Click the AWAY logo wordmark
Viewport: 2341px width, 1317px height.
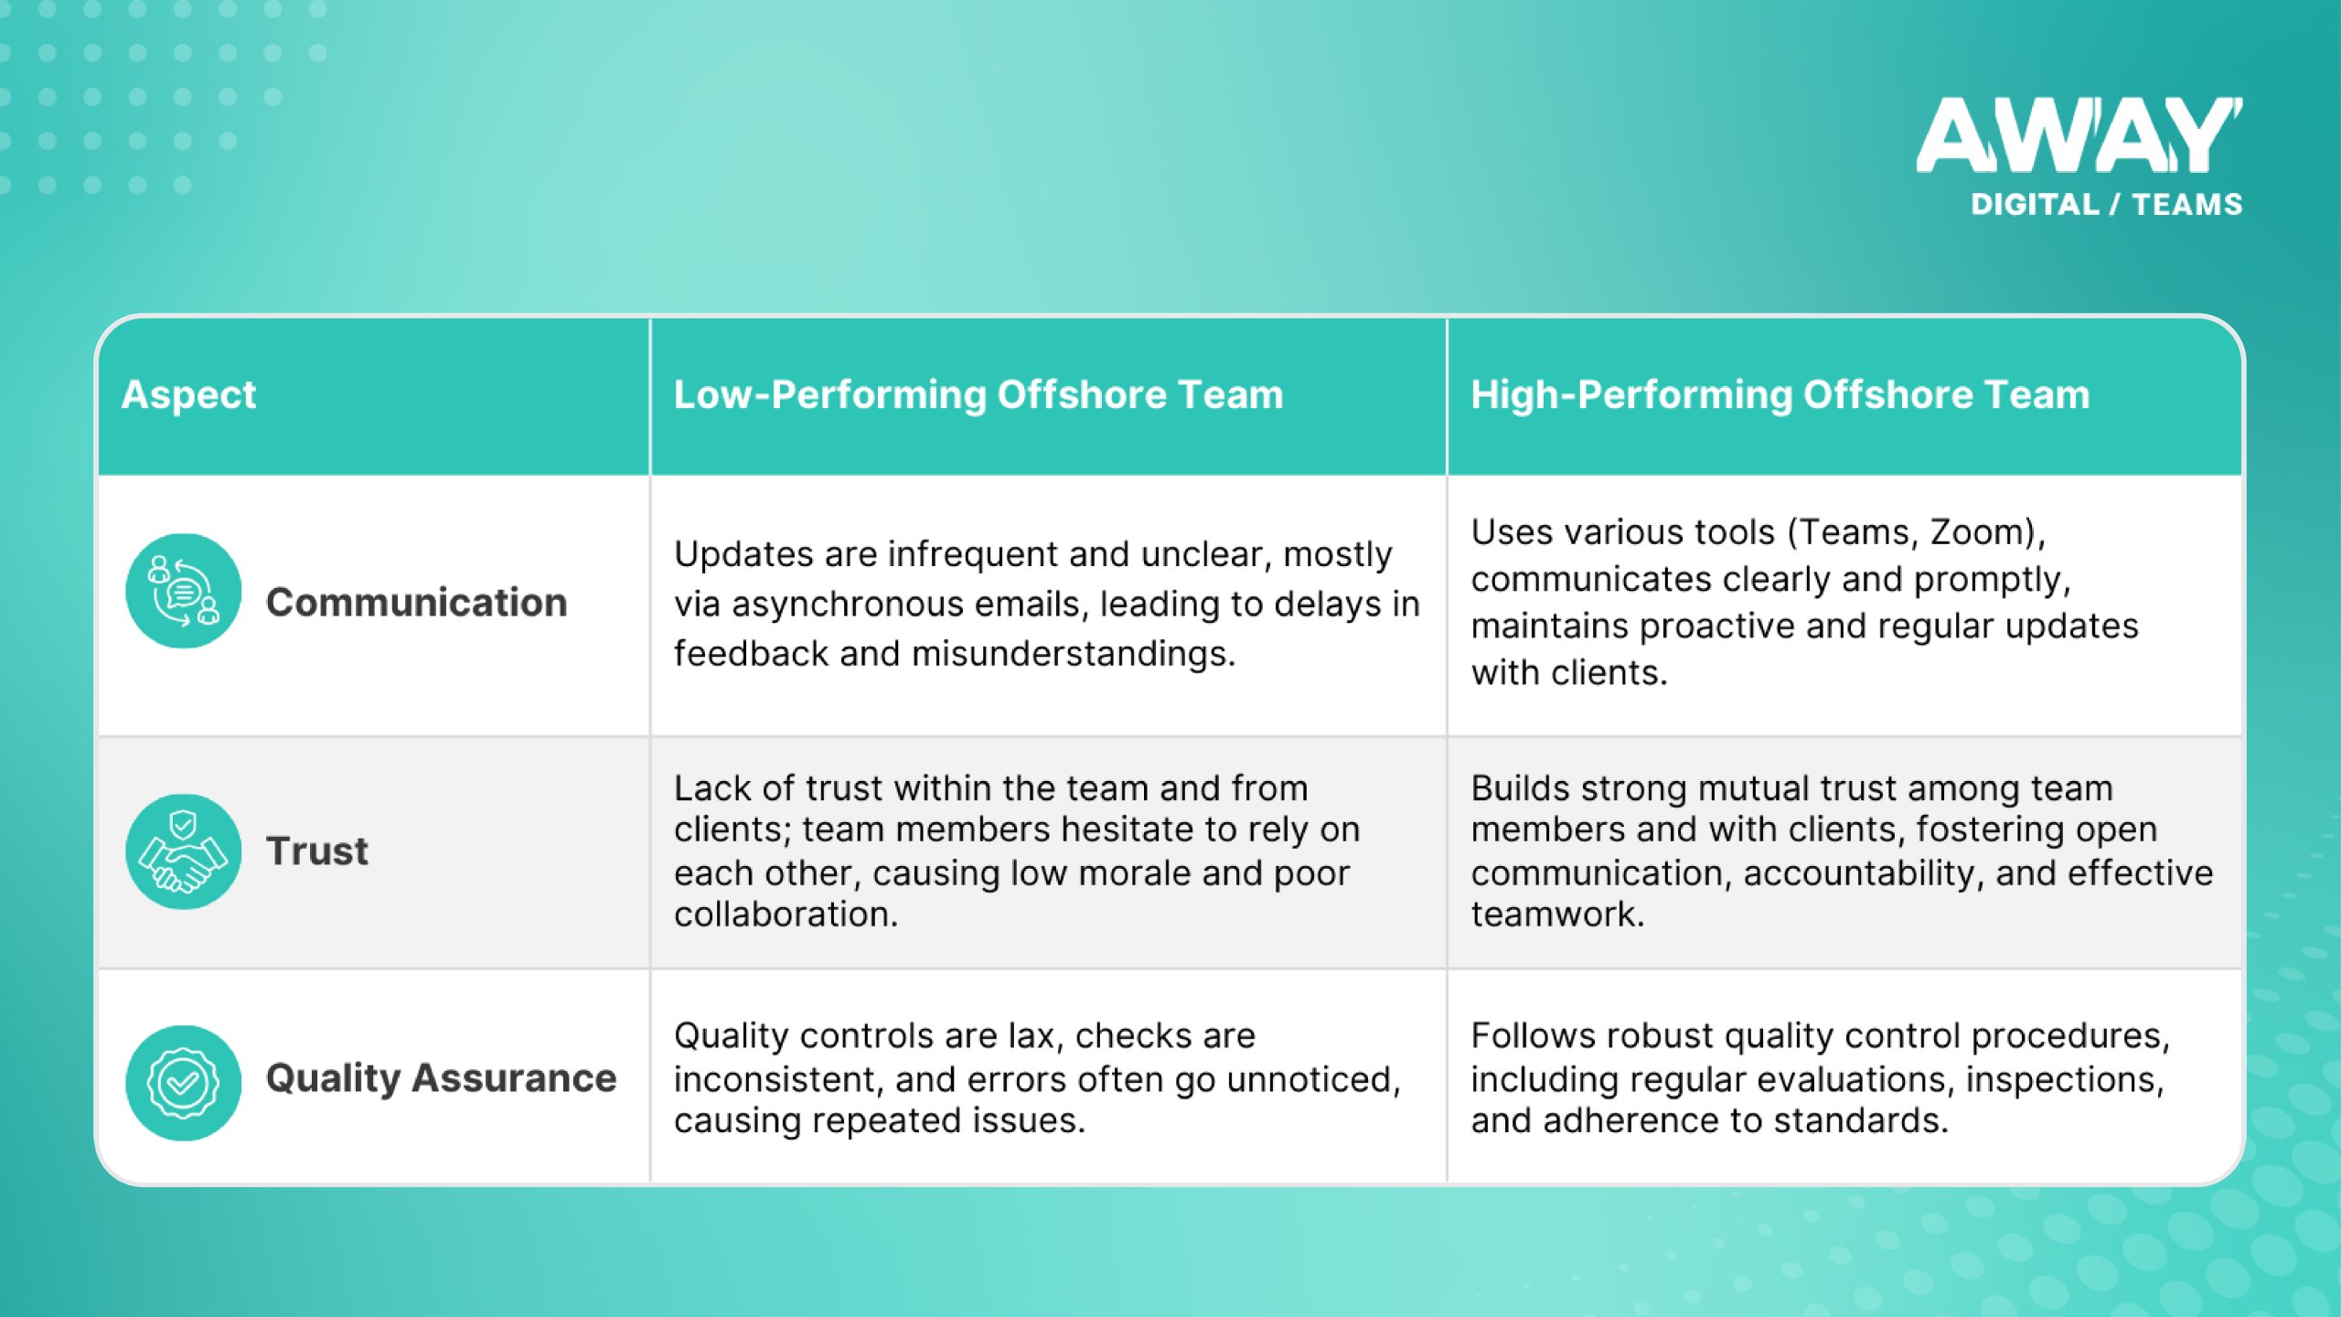tap(2079, 135)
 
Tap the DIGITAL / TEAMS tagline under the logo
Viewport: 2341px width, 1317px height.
tap(2106, 204)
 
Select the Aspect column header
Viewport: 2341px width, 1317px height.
tap(188, 395)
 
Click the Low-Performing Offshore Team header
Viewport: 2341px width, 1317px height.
tap(978, 395)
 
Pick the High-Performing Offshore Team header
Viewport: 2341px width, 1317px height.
tap(1780, 395)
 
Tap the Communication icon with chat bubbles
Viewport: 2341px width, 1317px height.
tap(183, 592)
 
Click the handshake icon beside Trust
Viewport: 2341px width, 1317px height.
tap(183, 851)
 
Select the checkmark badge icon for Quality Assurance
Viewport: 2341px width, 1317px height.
tap(183, 1083)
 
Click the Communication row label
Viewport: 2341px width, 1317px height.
tap(416, 603)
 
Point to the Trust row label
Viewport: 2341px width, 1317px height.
tap(316, 851)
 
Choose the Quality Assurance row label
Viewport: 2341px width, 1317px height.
tap(441, 1078)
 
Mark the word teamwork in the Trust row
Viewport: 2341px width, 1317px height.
tap(1555, 915)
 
